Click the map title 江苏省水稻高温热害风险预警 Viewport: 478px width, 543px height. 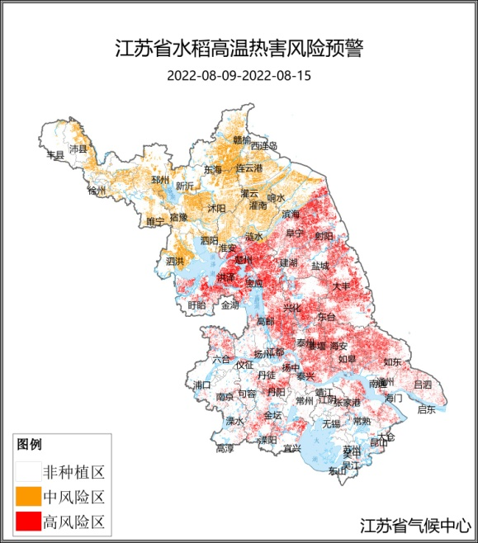pos(239,48)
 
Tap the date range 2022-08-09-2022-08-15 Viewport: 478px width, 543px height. pos(239,75)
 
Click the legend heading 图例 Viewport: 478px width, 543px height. pos(29,445)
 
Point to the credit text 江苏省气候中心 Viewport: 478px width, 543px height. pos(415,525)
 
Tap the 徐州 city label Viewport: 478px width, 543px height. pos(97,191)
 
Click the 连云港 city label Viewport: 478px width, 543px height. pos(248,168)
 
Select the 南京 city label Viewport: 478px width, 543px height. pos(225,397)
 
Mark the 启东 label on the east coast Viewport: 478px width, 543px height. pos(426,408)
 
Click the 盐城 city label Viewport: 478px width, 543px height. pos(319,267)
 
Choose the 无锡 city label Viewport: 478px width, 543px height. pos(331,423)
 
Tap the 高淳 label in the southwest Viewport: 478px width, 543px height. pos(225,449)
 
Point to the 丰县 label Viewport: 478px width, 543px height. pos(55,154)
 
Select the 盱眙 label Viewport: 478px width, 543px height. pos(196,305)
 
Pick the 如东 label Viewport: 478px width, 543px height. pos(392,361)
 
